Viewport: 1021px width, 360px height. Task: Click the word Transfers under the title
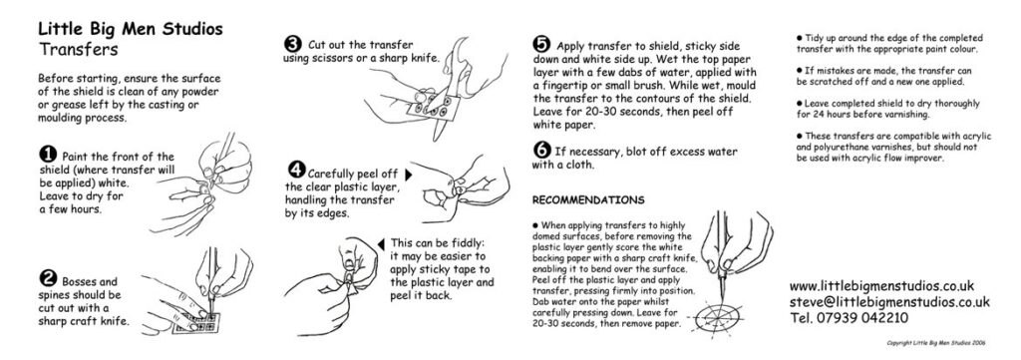[79, 48]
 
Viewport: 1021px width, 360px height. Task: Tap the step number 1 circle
[47, 155]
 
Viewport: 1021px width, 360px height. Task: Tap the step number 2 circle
[47, 278]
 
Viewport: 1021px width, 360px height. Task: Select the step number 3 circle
[293, 44]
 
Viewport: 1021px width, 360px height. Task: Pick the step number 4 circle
[296, 170]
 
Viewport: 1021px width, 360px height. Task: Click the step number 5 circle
[541, 44]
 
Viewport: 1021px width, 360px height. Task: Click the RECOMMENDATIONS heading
[588, 199]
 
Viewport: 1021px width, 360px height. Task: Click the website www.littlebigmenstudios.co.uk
[881, 285]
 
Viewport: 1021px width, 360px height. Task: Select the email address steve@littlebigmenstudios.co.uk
[888, 301]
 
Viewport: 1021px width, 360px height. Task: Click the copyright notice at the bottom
[943, 343]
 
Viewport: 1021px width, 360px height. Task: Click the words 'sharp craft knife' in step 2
[84, 322]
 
